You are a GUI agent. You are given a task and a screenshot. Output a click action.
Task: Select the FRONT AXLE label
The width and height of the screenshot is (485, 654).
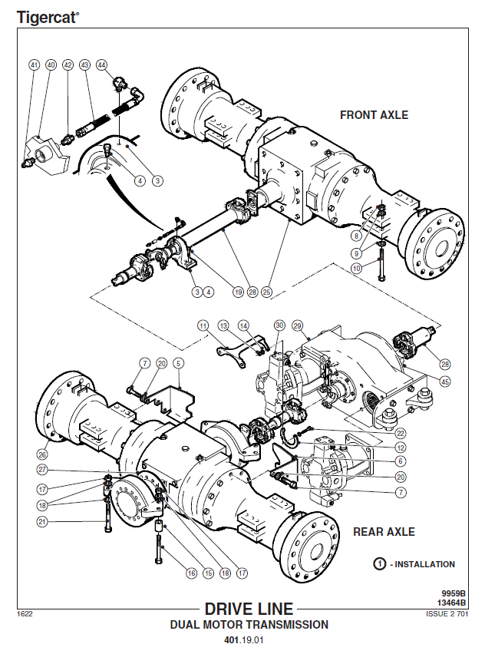[374, 115]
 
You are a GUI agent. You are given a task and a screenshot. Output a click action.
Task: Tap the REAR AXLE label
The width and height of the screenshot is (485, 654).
[384, 531]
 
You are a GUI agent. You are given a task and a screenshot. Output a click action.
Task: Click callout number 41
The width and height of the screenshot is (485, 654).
[34, 65]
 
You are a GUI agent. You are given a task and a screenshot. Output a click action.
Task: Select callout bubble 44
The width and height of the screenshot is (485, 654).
[102, 65]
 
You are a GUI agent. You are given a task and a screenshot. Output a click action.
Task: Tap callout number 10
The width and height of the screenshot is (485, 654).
[356, 269]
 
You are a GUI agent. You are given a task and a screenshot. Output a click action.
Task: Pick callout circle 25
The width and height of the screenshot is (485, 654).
[267, 292]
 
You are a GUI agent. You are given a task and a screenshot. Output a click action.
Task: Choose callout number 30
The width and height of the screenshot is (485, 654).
[279, 325]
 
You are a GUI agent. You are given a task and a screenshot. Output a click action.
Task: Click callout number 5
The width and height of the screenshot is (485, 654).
[177, 363]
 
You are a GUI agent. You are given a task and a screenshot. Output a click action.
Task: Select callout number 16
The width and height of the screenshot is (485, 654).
[191, 573]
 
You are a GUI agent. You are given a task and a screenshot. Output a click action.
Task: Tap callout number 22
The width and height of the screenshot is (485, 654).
[401, 434]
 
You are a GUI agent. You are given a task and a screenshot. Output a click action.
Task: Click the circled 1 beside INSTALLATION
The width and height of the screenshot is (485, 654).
[379, 564]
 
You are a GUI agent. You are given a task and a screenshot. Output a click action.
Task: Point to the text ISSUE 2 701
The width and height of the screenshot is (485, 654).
[446, 613]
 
